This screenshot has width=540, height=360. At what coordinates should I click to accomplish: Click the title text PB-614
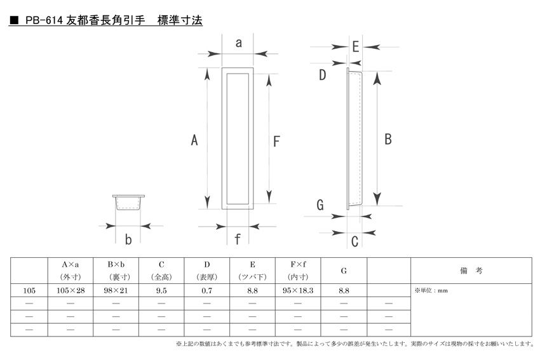pos(44,21)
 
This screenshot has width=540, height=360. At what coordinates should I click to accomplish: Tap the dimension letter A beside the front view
pos(194,140)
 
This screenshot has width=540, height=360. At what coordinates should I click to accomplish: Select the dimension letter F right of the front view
pos(276,142)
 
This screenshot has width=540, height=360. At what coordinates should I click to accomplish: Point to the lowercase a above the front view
pos(238,43)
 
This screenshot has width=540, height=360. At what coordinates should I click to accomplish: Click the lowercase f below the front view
pos(238,239)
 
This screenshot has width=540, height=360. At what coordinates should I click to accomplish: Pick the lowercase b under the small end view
pos(128,239)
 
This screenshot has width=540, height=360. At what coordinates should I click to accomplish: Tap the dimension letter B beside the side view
pos(388,140)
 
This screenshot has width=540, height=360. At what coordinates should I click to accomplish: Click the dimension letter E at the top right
pos(355,46)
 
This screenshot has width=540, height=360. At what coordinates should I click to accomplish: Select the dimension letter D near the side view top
pos(322,75)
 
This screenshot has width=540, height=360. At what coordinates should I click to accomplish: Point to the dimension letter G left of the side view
pos(320,205)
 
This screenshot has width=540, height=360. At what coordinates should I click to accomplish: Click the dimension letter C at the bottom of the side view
pos(354,241)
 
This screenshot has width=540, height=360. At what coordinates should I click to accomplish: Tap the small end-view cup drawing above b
pos(128,203)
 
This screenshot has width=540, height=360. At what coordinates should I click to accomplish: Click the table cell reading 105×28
pos(71,291)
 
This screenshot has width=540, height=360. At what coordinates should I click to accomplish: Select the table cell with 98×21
pos(116,291)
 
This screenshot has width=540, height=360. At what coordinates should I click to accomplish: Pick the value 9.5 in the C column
pos(161,291)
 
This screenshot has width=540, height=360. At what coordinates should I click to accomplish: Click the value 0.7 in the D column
pos(206,291)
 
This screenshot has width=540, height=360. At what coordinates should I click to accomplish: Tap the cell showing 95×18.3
pos(298,291)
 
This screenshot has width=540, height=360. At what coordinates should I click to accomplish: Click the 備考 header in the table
pos(471,270)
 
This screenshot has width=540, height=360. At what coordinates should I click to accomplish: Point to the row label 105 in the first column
pos(29,291)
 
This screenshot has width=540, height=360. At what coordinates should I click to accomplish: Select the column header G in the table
pos(344,271)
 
